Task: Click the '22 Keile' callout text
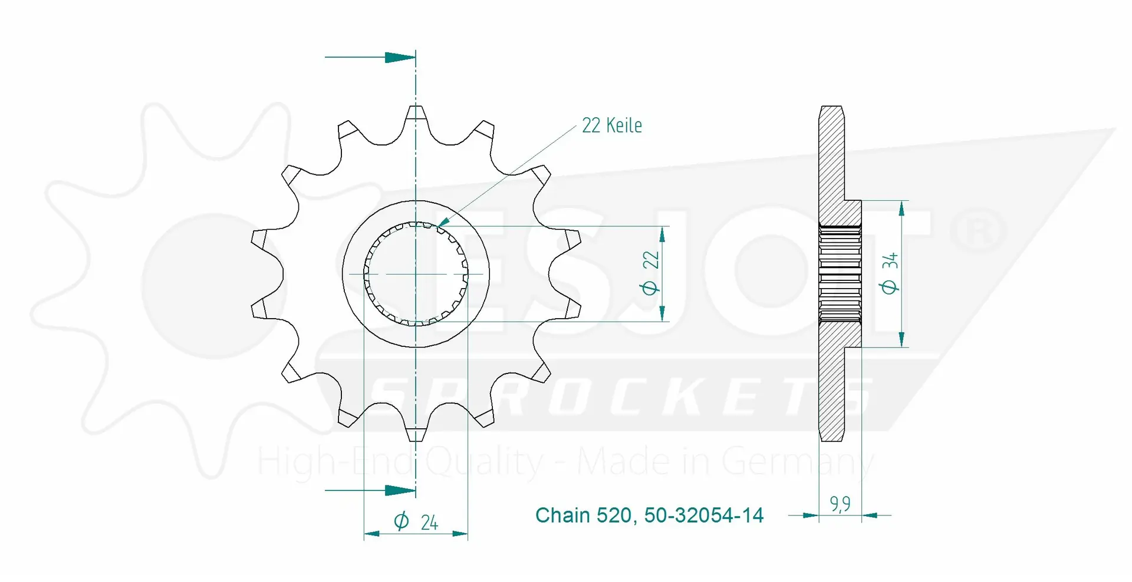[611, 125]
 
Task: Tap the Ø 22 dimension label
[650, 272]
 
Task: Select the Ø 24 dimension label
[416, 521]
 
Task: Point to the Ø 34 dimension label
[889, 273]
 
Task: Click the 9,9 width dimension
[840, 504]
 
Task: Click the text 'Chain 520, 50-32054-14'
[649, 515]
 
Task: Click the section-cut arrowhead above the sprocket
[400, 57]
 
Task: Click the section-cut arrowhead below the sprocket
[400, 490]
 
